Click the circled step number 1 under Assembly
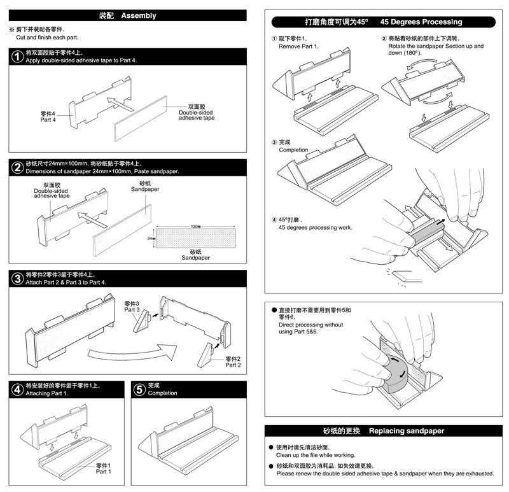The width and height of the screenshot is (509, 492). pos(17,57)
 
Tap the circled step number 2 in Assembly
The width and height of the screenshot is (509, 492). pos(17,167)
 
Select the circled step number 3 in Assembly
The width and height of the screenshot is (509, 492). pos(17,279)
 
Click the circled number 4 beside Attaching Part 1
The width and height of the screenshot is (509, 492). pos(17,389)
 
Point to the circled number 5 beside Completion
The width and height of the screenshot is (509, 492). pos(139,389)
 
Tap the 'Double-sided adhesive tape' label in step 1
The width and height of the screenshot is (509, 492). pos(196,113)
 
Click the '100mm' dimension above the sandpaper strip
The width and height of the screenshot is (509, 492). pos(195,227)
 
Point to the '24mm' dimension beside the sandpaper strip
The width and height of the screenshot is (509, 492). pos(150,239)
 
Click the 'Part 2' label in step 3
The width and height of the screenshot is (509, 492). pos(234,362)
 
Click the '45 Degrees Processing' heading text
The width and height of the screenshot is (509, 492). pos(421,22)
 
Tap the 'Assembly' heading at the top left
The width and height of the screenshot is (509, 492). pos(137,15)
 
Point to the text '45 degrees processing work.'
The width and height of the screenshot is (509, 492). pos(315,228)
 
